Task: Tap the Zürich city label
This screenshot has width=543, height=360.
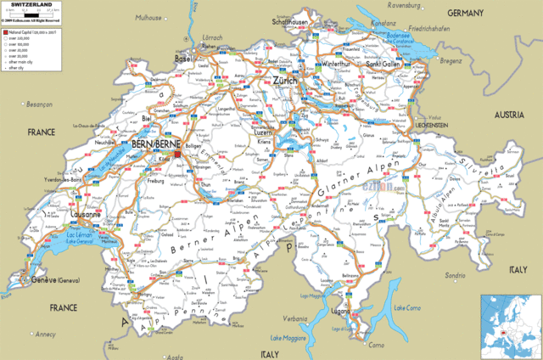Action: [x=285, y=80]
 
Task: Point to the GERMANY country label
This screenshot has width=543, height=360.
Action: [x=465, y=14]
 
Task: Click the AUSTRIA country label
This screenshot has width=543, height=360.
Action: [x=510, y=114]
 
